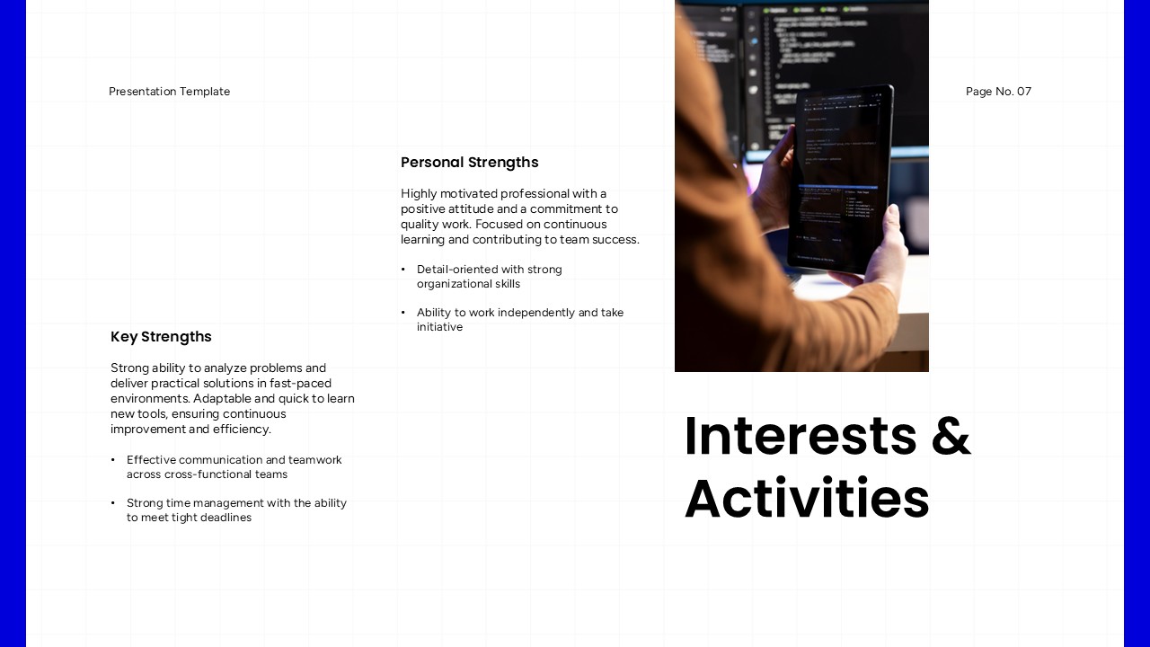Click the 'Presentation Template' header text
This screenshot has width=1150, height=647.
(169, 92)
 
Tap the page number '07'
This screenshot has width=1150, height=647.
(1024, 92)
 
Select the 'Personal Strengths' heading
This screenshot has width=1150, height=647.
(469, 163)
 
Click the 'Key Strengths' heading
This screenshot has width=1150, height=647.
(161, 337)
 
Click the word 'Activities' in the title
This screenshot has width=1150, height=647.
(807, 499)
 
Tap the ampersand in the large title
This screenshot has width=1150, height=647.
(951, 437)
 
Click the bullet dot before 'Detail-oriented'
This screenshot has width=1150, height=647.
(403, 270)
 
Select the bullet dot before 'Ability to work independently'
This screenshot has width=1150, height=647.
(403, 313)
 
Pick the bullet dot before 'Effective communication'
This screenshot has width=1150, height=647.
(113, 460)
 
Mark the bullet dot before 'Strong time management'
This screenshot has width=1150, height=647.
(113, 503)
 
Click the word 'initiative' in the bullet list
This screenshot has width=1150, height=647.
(439, 327)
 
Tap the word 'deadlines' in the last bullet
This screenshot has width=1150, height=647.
(225, 518)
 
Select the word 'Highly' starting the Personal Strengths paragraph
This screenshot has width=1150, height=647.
(419, 194)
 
